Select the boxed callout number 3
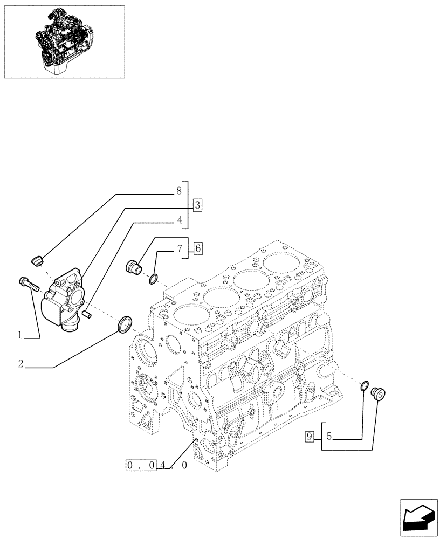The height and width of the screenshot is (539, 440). [197, 205]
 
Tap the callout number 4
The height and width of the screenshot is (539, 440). [178, 220]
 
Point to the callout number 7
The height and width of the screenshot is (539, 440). [178, 248]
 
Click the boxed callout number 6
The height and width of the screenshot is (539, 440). [197, 248]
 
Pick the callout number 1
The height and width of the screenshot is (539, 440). [20, 335]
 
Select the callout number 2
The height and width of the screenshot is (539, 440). [20, 364]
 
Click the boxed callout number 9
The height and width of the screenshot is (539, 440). [309, 437]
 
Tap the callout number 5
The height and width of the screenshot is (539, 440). [328, 437]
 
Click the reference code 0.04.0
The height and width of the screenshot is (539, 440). [156, 465]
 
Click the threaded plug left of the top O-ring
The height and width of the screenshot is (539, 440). [133, 267]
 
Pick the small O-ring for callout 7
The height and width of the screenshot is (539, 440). [154, 278]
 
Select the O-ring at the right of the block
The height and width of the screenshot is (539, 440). [364, 385]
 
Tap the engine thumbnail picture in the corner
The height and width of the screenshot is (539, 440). [64, 41]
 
